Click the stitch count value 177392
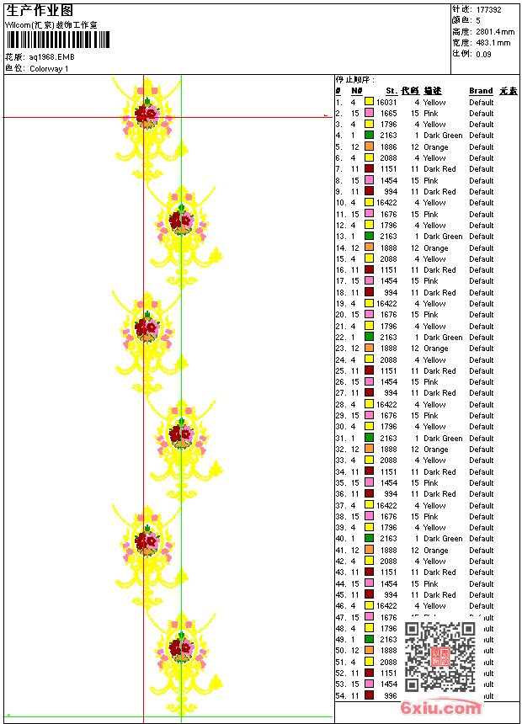(x=488, y=9)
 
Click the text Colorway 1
(x=50, y=68)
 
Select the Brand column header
(x=481, y=91)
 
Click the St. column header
(x=391, y=91)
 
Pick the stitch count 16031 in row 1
(x=386, y=102)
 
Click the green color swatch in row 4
(x=369, y=136)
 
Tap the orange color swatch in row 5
(x=369, y=146)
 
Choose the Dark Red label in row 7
(x=439, y=169)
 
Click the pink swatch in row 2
(x=369, y=113)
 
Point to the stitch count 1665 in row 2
(x=388, y=113)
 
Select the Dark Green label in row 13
(x=443, y=237)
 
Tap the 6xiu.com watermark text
(x=441, y=708)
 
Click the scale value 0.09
(x=483, y=53)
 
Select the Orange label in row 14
(x=435, y=248)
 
